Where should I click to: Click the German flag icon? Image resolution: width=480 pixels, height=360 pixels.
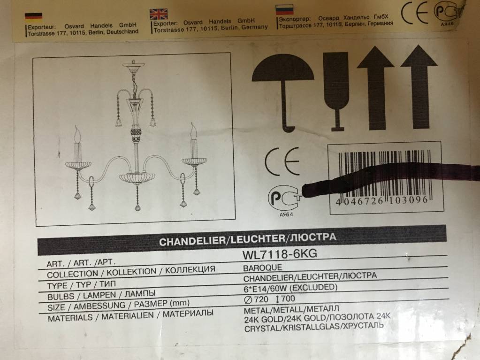[34, 16]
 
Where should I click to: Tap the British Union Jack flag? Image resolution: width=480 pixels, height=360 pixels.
[159, 14]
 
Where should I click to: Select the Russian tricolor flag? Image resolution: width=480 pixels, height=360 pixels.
[284, 9]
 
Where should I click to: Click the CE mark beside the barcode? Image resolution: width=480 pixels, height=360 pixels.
[282, 161]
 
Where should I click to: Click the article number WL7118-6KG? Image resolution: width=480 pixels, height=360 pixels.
[280, 254]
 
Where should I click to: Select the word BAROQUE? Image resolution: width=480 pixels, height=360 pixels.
[262, 268]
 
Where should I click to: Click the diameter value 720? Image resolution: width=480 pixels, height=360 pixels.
[261, 299]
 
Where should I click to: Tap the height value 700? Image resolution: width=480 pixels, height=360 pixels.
[288, 299]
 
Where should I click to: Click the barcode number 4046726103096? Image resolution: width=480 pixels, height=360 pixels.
[382, 201]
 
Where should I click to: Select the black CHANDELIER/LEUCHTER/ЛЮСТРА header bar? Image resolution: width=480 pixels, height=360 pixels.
[242, 239]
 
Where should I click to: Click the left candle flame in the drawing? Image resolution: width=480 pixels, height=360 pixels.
[77, 134]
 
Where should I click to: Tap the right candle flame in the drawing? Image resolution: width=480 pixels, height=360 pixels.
[193, 130]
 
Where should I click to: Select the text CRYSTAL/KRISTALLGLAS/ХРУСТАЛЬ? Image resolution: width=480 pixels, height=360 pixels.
[314, 327]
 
